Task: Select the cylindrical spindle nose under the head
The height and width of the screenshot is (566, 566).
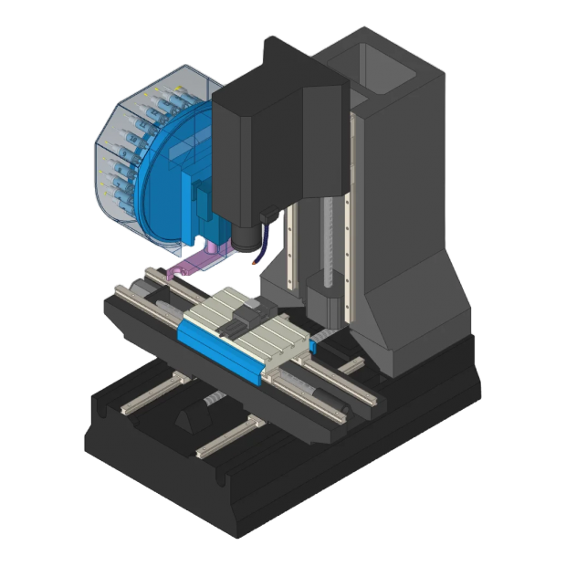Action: tap(244, 239)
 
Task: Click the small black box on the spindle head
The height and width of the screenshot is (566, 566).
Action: tap(267, 217)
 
